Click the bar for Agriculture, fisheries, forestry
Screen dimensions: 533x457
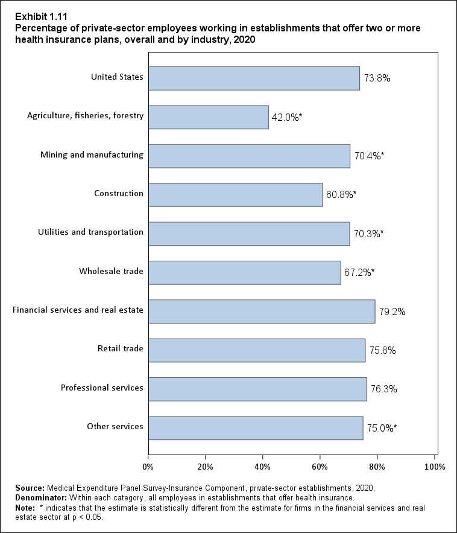208,117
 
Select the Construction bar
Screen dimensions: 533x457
235,194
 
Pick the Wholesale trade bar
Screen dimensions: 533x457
244,272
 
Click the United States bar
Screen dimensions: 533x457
254,78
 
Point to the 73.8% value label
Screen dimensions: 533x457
377,78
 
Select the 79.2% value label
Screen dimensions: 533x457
392,312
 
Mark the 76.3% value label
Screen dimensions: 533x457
383,389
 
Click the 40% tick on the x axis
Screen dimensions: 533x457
263,467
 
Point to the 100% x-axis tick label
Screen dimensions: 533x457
435,467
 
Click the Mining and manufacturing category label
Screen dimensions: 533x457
92,155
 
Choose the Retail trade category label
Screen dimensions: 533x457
121,349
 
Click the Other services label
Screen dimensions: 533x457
115,426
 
